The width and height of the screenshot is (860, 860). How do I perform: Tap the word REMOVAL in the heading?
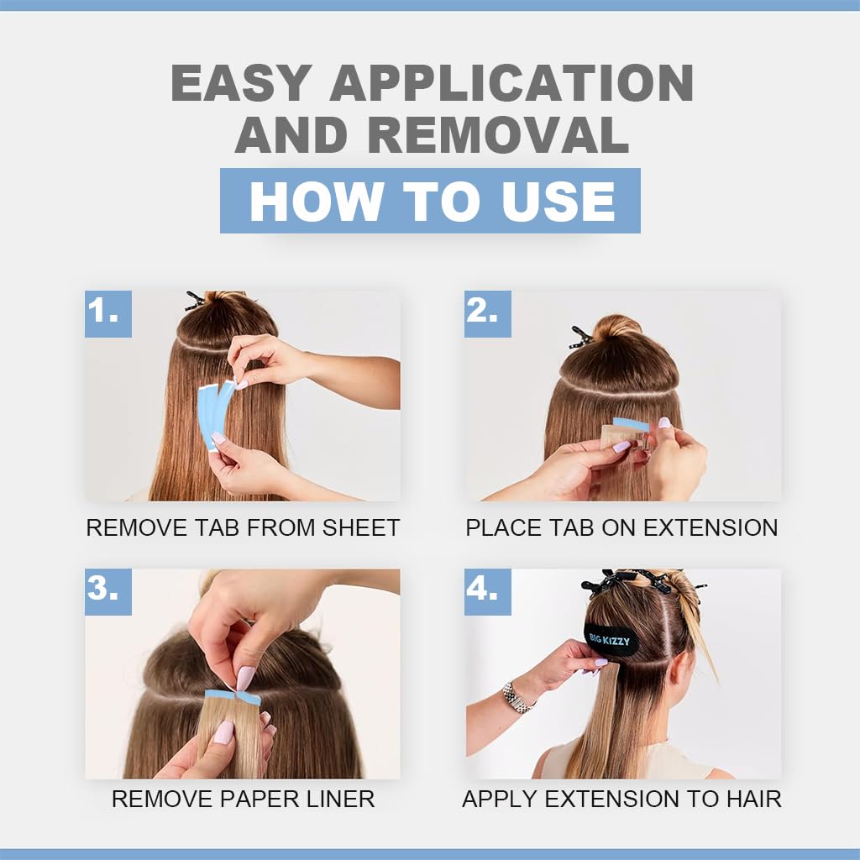498,135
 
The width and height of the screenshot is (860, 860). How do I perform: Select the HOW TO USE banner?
430,201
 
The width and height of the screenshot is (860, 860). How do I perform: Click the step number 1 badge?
108,314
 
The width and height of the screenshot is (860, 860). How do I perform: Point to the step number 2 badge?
488,314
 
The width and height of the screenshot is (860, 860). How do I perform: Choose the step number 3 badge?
108,591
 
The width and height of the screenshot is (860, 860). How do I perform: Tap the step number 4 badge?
488,591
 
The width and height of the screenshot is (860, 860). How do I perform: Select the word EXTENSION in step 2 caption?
711,527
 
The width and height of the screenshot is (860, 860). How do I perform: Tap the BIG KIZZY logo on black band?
610,639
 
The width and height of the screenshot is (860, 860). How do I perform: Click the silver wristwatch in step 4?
517,697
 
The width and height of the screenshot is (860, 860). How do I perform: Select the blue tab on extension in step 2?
632,424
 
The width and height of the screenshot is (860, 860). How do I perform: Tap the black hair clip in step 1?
195,301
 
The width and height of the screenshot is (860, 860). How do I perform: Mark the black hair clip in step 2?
580,338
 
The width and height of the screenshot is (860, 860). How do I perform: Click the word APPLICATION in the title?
511,83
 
